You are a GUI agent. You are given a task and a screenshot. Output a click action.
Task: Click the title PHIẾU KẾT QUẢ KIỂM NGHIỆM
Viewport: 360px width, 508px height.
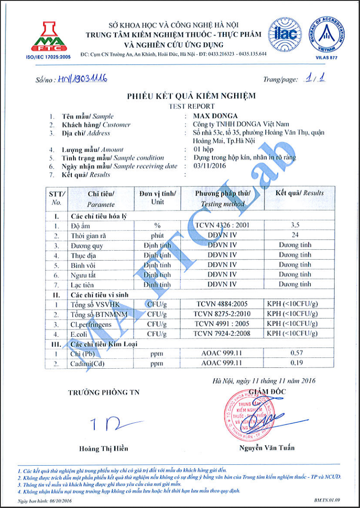tap(191, 96)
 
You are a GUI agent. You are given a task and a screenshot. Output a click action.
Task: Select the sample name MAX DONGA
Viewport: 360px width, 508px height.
tap(215, 116)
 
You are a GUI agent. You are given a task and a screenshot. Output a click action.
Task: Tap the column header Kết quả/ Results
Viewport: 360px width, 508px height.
tap(300, 193)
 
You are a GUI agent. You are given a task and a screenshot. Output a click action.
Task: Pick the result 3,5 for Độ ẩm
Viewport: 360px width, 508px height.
tap(295, 224)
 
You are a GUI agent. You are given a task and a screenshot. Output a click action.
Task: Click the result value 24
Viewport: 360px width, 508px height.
tap(295, 234)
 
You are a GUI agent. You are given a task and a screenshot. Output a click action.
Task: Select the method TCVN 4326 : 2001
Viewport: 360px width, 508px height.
tap(222, 224)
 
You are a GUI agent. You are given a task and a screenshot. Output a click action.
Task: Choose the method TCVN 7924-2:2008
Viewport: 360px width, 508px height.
tap(222, 334)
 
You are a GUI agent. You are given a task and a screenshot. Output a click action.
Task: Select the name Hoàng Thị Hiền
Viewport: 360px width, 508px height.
tap(103, 449)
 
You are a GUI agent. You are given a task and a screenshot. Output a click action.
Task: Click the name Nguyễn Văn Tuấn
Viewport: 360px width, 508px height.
tap(267, 448)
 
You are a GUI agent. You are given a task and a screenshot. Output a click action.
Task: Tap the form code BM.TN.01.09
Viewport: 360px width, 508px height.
tap(328, 500)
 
